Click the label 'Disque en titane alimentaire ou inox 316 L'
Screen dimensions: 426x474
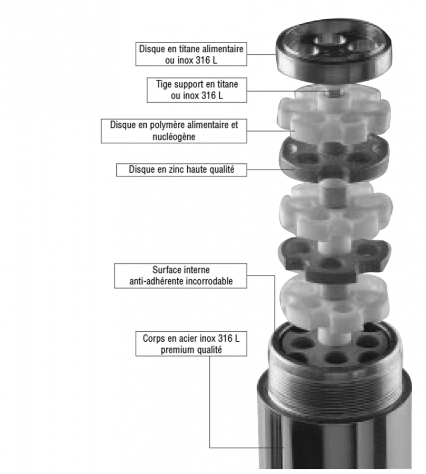tap(191, 54)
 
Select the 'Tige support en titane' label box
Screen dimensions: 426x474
tap(197, 90)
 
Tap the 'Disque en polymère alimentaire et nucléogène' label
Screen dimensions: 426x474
tap(174, 131)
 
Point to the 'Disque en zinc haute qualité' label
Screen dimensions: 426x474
tap(181, 170)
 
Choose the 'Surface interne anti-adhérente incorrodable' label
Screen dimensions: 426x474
tap(180, 275)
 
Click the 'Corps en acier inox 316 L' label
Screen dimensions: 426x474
tap(191, 344)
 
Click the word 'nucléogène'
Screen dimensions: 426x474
tap(174, 136)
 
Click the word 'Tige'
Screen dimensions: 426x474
tap(164, 84)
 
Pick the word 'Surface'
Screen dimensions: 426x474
tap(166, 269)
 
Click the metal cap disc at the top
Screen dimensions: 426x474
tap(334, 50)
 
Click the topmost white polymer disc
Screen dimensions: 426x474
tap(334, 115)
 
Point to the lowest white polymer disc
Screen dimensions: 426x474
tap(333, 305)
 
